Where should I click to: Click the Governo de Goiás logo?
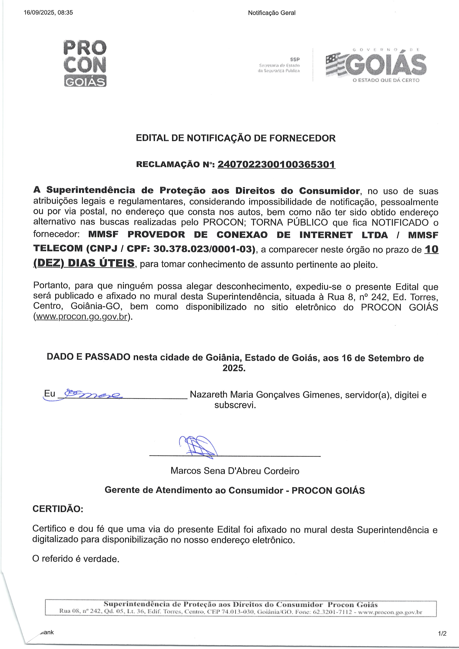[x=376, y=64]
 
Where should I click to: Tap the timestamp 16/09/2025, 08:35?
[x=48, y=12]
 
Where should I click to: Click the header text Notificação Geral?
[x=272, y=13]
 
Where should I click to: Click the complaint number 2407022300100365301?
[x=276, y=164]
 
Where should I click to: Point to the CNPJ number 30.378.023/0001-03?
[x=202, y=249]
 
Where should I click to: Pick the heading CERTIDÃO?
[x=58, y=509]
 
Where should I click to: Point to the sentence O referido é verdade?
[x=76, y=559]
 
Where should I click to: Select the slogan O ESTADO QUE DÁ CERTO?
[x=386, y=80]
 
